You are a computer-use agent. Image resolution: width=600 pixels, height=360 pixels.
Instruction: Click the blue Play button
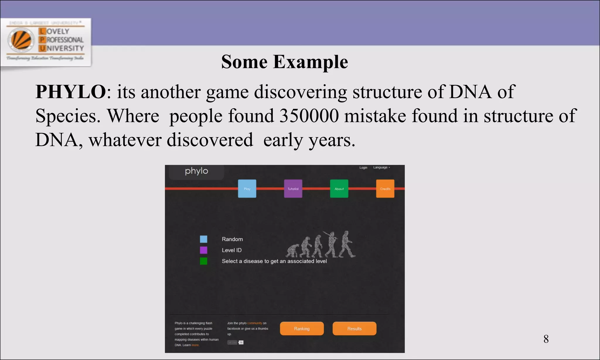tap(247, 189)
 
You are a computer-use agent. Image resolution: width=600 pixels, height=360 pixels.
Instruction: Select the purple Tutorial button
tap(293, 189)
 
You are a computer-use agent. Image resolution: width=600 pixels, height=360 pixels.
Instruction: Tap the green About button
tap(339, 189)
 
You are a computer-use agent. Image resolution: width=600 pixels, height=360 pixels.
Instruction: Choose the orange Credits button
tap(385, 189)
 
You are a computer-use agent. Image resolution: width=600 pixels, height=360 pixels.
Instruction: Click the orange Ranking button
tap(302, 329)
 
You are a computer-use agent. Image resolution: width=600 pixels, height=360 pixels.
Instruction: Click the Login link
tap(363, 168)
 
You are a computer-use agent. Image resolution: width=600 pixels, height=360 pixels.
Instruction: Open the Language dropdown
tap(381, 168)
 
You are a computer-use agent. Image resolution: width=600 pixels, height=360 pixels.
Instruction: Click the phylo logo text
tap(196, 171)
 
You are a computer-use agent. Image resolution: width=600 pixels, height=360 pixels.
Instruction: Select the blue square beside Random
tap(204, 239)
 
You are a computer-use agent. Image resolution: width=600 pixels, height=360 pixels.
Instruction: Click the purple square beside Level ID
tap(204, 250)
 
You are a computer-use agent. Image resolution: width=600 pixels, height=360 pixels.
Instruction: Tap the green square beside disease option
tap(204, 261)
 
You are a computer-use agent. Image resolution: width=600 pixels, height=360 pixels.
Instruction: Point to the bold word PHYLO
tap(71, 92)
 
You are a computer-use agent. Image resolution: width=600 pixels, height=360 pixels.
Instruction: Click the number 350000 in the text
tap(309, 116)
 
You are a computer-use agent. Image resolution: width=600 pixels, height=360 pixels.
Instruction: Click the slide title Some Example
tap(284, 62)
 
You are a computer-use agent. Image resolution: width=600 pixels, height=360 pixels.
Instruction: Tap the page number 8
tap(546, 339)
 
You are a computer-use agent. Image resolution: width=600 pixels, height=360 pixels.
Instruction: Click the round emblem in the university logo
tap(21, 40)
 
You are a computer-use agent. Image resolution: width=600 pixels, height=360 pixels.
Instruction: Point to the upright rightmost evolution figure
tap(347, 244)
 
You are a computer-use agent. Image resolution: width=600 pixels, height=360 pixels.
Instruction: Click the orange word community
tap(254, 323)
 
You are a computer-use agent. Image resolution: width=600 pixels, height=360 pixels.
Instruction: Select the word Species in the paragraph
tap(66, 116)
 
